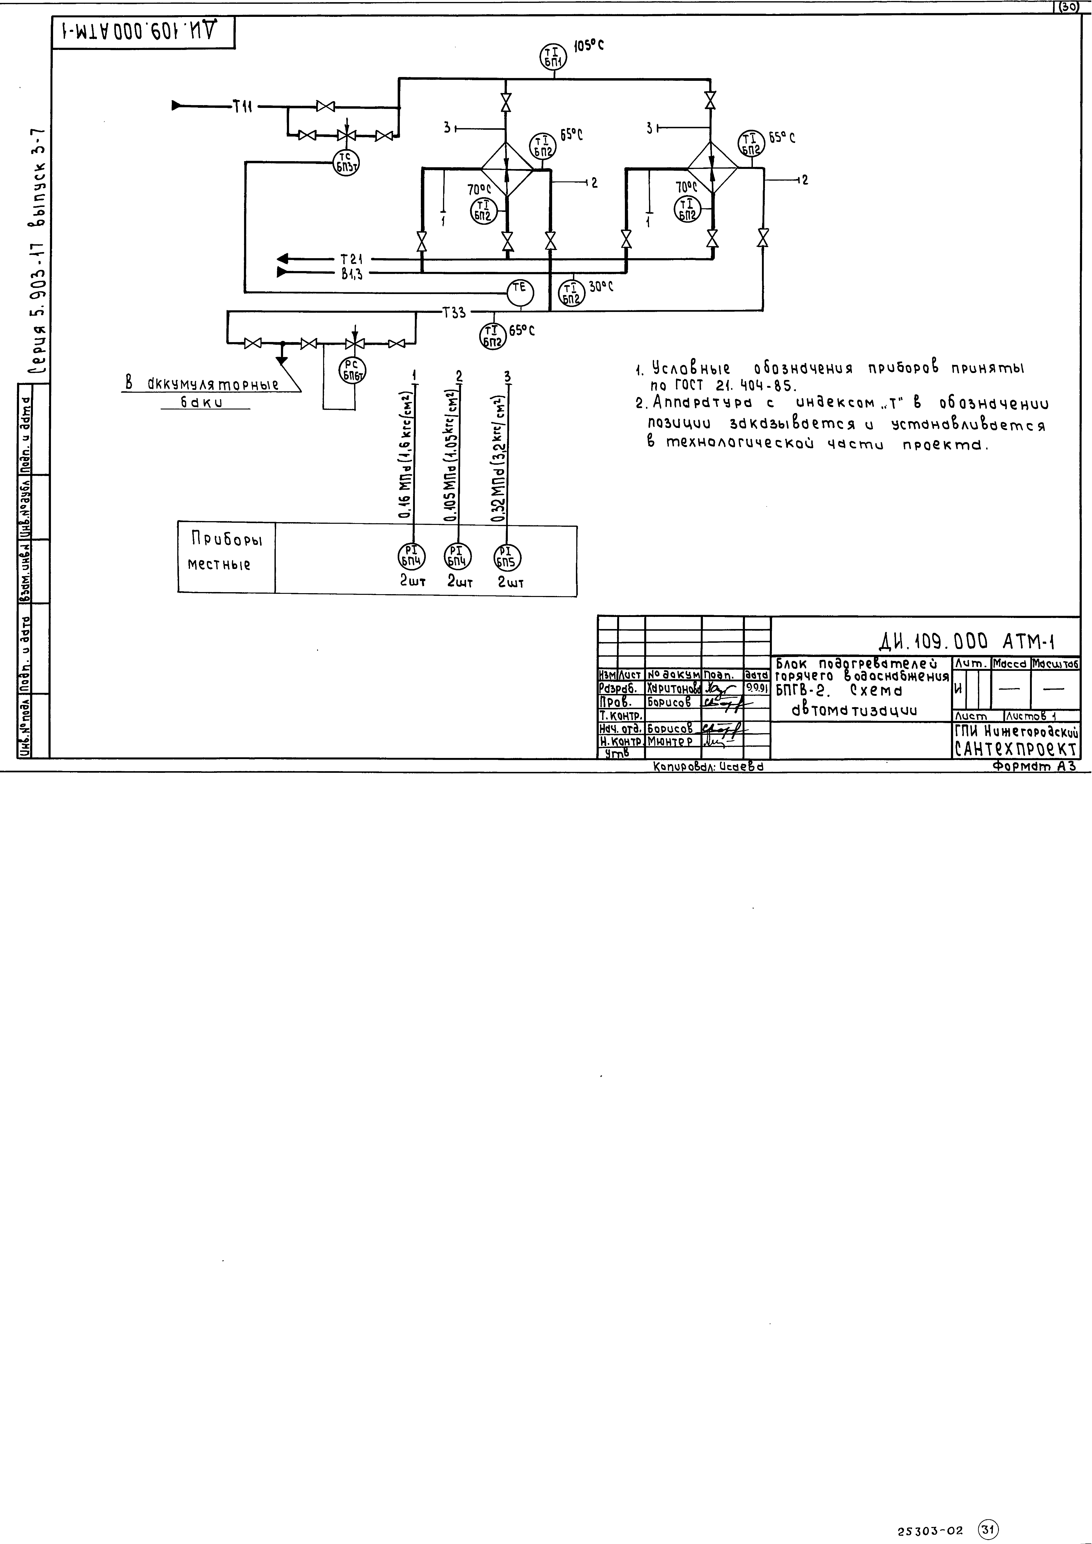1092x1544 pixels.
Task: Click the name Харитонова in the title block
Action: pyautogui.click(x=673, y=689)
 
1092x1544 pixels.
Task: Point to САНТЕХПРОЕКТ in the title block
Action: pyautogui.click(x=1016, y=749)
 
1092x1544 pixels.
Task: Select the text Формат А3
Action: pyautogui.click(x=1034, y=766)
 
